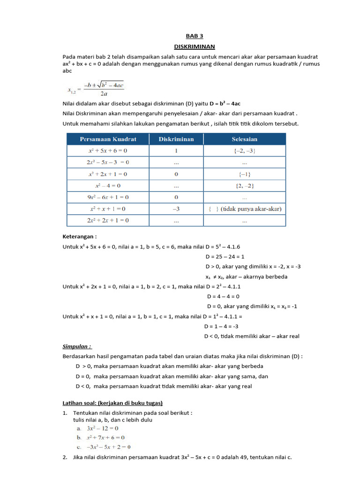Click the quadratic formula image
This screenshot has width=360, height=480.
point(96,89)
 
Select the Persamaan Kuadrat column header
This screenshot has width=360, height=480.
point(108,139)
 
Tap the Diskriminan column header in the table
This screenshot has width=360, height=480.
point(176,139)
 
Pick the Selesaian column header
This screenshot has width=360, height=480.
point(244,139)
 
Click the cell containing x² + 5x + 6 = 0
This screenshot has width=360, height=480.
point(108,151)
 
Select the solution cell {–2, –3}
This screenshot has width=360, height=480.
point(244,151)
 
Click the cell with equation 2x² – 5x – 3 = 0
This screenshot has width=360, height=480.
point(108,162)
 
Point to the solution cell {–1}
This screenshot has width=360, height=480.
point(244,174)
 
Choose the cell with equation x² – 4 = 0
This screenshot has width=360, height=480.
point(108,186)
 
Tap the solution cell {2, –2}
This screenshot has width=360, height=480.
point(244,186)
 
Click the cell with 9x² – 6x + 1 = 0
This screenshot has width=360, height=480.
point(108,197)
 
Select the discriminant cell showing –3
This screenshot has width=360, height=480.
point(176,209)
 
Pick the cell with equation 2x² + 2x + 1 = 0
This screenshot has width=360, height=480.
point(108,220)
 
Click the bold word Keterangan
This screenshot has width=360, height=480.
point(79,237)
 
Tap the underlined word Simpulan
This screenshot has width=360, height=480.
point(77,346)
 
